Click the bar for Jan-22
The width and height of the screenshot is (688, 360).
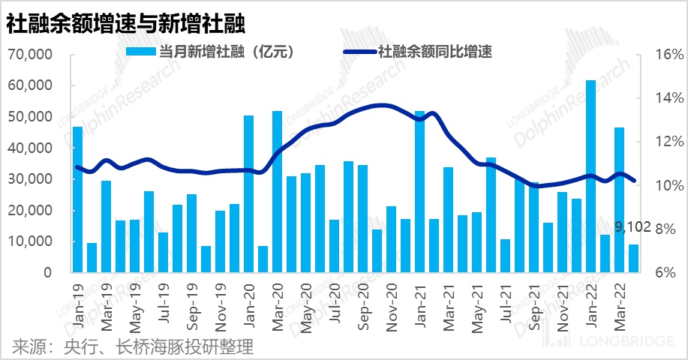coord(590,176)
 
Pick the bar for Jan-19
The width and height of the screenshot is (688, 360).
coord(77,199)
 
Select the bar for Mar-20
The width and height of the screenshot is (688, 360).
coord(277,192)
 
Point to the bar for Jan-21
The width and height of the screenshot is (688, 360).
coord(419,192)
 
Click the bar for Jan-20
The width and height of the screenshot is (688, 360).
coord(248,194)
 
